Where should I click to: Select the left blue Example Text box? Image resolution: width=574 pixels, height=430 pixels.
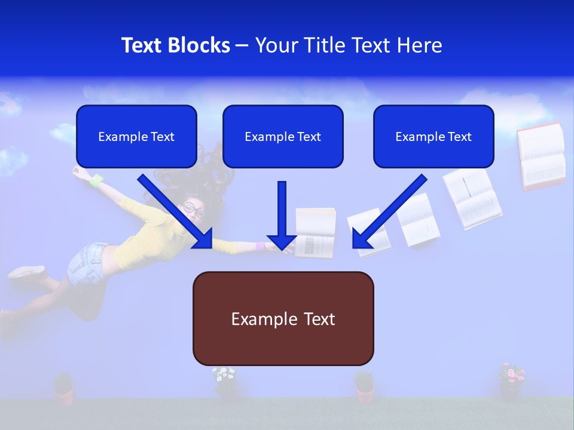tap(136, 137)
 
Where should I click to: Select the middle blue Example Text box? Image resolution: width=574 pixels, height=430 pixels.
tap(283, 137)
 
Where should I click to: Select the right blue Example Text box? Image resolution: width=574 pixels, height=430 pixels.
tap(433, 137)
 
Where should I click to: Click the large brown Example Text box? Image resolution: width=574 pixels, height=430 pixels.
tap(283, 319)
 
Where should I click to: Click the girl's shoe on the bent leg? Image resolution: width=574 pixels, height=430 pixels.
tap(26, 272)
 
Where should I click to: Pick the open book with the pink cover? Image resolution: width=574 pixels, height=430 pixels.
tap(541, 156)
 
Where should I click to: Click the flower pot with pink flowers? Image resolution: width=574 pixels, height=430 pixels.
tap(511, 382)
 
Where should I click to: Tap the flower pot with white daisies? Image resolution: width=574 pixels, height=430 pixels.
tap(225, 382)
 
